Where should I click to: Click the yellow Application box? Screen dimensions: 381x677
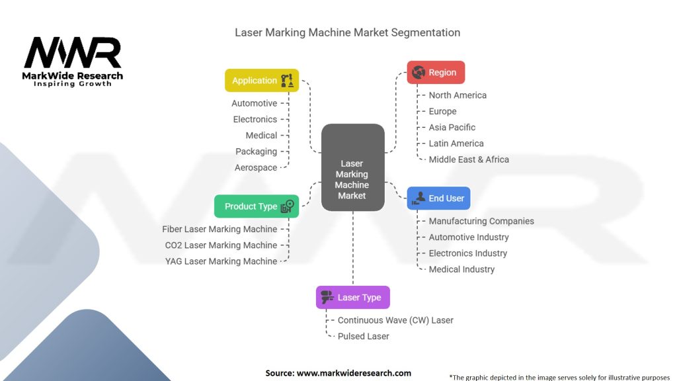pyautogui.click(x=262, y=81)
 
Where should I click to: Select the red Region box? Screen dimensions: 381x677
pyautogui.click(x=436, y=73)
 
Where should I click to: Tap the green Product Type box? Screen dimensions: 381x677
pyautogui.click(x=257, y=206)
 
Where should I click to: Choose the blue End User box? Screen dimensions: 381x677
pyautogui.click(x=438, y=198)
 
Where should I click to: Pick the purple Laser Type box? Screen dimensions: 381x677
pyautogui.click(x=353, y=298)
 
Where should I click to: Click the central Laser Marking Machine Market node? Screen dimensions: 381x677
pyautogui.click(x=352, y=179)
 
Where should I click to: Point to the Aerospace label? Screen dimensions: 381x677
pyautogui.click(x=256, y=168)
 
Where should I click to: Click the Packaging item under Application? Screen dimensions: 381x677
pyautogui.click(x=257, y=151)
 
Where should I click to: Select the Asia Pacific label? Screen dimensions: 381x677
pyautogui.click(x=452, y=128)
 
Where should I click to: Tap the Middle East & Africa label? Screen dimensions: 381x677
pyautogui.click(x=469, y=159)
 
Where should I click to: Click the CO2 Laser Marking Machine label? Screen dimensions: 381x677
pyautogui.click(x=221, y=245)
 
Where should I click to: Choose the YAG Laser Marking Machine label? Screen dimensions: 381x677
pyautogui.click(x=221, y=261)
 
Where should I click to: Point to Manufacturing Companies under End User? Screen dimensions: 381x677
pyautogui.click(x=481, y=222)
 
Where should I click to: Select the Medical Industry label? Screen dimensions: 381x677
pyautogui.click(x=461, y=269)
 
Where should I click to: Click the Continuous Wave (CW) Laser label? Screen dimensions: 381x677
pyautogui.click(x=395, y=320)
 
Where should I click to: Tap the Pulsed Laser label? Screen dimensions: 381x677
pyautogui.click(x=363, y=336)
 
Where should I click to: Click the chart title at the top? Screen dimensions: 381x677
pyautogui.click(x=348, y=32)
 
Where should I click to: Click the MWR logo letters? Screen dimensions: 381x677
pyautogui.click(x=73, y=53)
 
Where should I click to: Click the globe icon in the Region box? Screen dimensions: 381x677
pyautogui.click(x=418, y=73)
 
